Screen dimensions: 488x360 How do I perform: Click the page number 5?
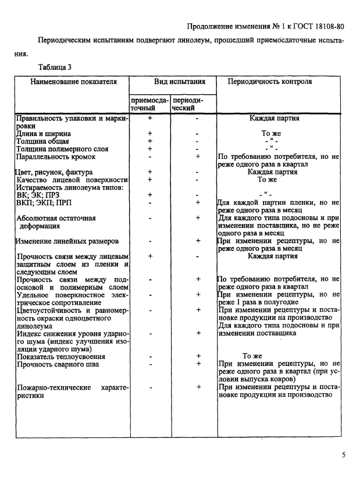click(x=344, y=455)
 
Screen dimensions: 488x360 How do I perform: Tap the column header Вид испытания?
click(x=179, y=82)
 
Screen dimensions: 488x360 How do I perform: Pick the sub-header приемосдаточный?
click(x=149, y=104)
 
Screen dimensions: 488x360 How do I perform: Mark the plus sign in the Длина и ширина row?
click(x=150, y=133)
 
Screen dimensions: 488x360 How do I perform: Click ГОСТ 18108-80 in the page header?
click(x=320, y=27)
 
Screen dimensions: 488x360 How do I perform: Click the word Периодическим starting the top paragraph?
click(x=66, y=41)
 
